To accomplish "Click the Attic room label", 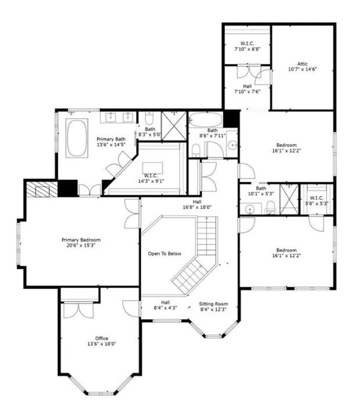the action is (302, 64).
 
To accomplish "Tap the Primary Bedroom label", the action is (81, 240).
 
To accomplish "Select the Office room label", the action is (102, 339).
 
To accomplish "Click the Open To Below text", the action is (164, 254).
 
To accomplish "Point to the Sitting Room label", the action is (213, 304).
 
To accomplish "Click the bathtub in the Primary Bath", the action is (77, 138).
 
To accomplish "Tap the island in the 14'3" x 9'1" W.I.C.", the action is (152, 168).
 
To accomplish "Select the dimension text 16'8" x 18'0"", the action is (197, 207).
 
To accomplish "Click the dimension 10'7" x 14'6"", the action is (302, 69).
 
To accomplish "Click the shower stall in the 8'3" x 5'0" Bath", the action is (174, 126).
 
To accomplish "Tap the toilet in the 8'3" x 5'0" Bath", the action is (149, 118).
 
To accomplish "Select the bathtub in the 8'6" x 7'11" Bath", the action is (206, 120).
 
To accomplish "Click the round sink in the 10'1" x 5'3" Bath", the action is (249, 210).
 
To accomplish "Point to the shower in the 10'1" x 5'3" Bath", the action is (289, 199).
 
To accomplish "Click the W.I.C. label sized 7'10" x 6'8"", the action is (247, 43).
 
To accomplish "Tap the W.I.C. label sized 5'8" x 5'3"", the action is (316, 198).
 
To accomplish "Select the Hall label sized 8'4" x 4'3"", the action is (165, 302).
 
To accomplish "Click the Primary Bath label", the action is (111, 139).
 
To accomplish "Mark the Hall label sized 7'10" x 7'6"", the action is (247, 86).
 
